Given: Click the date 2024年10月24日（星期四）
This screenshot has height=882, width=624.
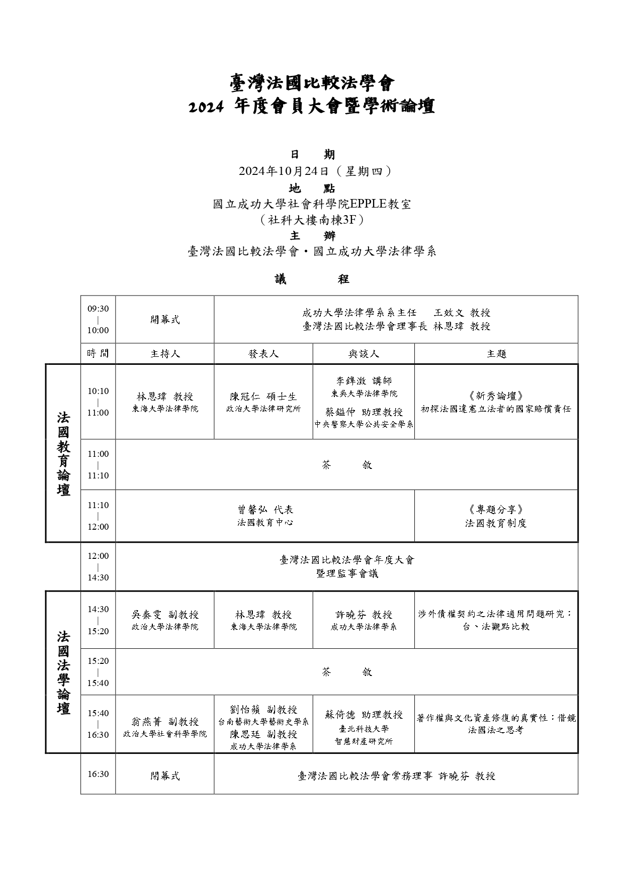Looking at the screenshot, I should pyautogui.click(x=312, y=171).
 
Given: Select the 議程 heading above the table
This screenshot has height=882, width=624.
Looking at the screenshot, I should pyautogui.click(x=312, y=279).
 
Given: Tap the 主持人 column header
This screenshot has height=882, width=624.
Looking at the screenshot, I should pyautogui.click(x=165, y=354).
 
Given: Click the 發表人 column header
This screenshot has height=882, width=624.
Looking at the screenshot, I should pyautogui.click(x=263, y=354).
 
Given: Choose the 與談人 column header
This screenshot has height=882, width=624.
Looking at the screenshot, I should pyautogui.click(x=364, y=354).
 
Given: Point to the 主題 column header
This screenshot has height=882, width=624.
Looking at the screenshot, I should pyautogui.click(x=496, y=354).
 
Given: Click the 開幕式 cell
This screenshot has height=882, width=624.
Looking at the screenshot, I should pyautogui.click(x=165, y=320).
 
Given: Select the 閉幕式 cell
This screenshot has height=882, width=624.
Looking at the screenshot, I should pyautogui.click(x=165, y=776).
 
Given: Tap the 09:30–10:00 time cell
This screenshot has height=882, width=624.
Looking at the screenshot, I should pyautogui.click(x=98, y=320).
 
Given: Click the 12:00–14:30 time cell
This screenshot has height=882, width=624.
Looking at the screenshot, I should pyautogui.click(x=98, y=567).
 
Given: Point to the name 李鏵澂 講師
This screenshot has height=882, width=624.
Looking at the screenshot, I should pyautogui.click(x=364, y=381).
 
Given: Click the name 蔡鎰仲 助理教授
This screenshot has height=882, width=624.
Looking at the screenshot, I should pyautogui.click(x=364, y=412).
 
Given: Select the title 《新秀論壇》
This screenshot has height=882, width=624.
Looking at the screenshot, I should pyautogui.click(x=496, y=396).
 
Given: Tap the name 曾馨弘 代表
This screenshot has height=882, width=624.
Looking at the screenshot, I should pyautogui.click(x=265, y=510).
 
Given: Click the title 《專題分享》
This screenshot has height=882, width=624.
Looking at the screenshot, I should pyautogui.click(x=496, y=510).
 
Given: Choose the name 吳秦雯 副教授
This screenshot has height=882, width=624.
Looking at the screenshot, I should pyautogui.click(x=165, y=615).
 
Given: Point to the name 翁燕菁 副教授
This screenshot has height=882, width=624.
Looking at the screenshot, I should pyautogui.click(x=165, y=722).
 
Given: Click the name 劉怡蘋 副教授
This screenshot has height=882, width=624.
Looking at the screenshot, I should pyautogui.click(x=263, y=710).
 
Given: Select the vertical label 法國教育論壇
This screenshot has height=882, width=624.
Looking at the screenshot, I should pyautogui.click(x=63, y=453).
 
